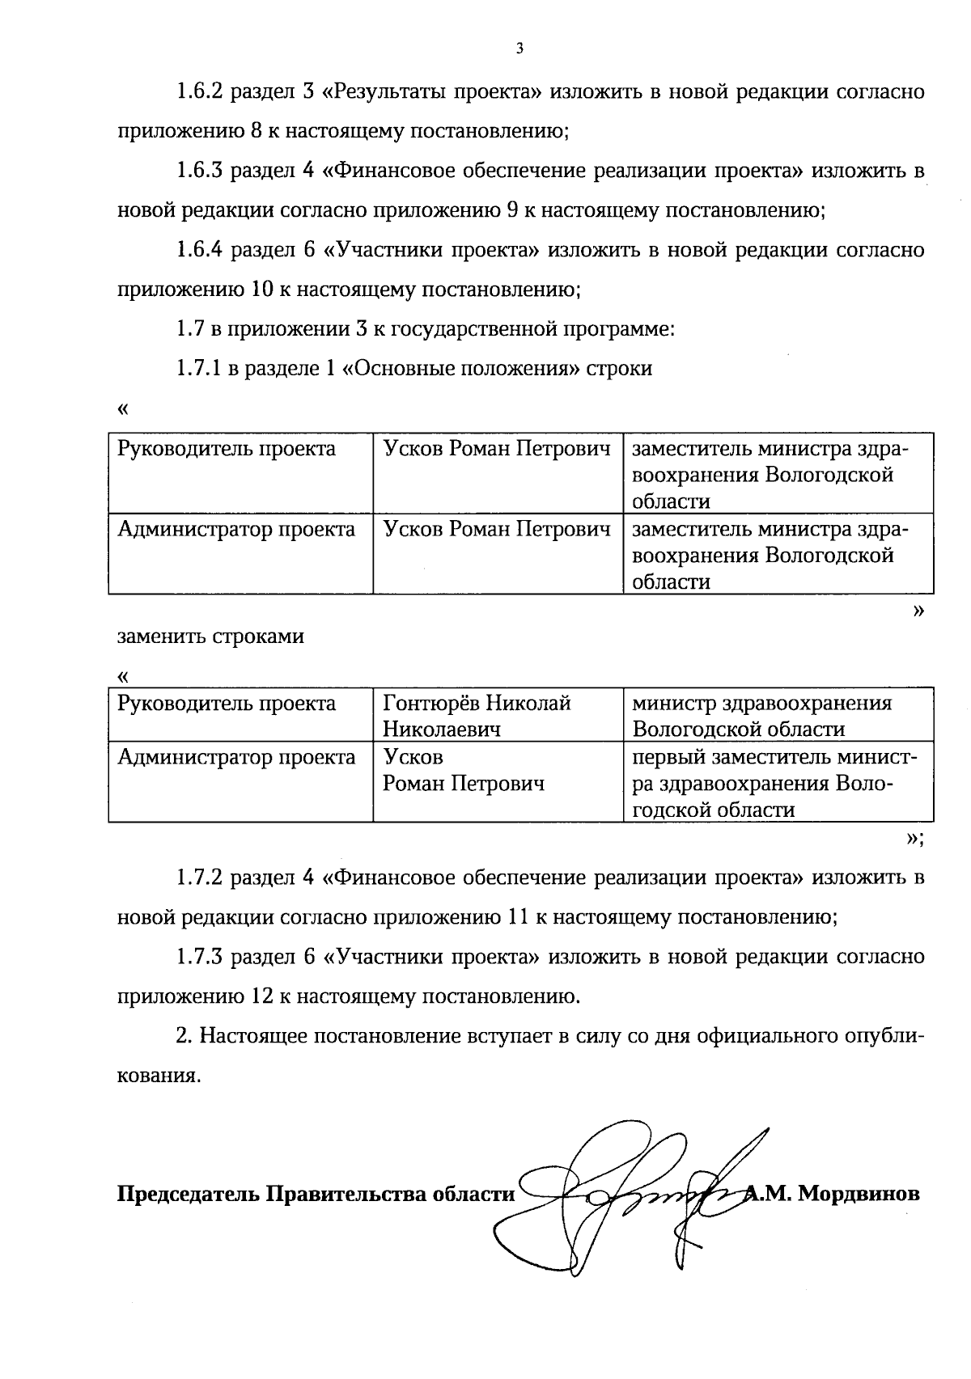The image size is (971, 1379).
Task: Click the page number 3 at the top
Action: [x=519, y=49]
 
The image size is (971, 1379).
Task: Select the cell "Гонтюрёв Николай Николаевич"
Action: [x=477, y=716]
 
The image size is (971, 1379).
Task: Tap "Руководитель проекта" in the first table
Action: [x=227, y=449]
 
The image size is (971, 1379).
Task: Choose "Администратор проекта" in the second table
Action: [x=236, y=758]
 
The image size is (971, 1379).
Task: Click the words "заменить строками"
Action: [x=211, y=637]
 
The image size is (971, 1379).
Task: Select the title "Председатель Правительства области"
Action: [x=316, y=1195]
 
